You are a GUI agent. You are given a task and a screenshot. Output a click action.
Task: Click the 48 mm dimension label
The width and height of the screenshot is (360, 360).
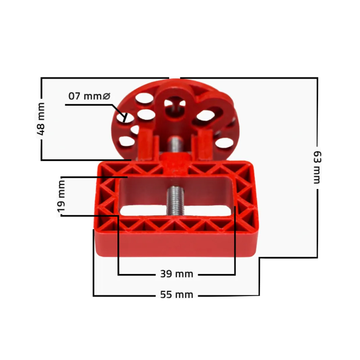pyautogui.click(x=41, y=119)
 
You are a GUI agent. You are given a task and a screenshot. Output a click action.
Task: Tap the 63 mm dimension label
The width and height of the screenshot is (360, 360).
pyautogui.click(x=317, y=167)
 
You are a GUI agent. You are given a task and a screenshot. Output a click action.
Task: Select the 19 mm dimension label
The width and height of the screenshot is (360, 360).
pyautogui.click(x=61, y=196)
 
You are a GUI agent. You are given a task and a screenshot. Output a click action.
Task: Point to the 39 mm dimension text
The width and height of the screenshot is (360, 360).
pyautogui.click(x=176, y=274)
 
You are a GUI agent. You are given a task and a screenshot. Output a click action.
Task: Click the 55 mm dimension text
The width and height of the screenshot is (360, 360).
pyautogui.click(x=176, y=295)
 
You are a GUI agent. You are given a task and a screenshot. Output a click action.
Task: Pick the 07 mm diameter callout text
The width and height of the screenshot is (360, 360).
pyautogui.click(x=89, y=96)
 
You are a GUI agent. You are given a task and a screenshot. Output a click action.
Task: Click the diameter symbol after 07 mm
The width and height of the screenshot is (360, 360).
pyautogui.click(x=106, y=96)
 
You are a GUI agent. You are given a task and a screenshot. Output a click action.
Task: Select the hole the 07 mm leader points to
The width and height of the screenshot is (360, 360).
pyautogui.click(x=125, y=117)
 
